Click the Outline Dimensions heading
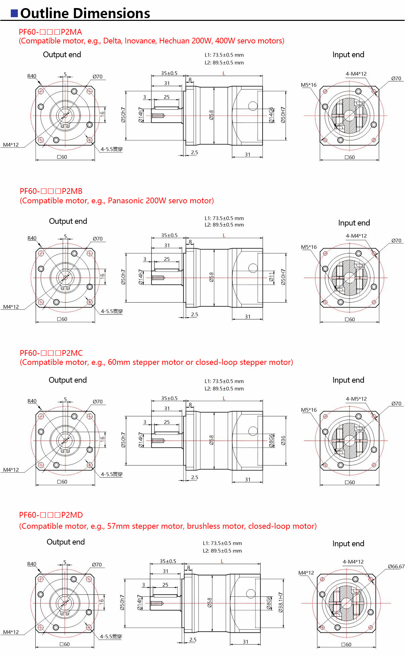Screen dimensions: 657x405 [85, 13]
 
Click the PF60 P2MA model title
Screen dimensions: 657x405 [50, 32]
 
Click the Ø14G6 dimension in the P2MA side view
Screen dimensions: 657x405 [271, 115]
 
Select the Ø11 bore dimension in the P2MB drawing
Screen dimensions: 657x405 [271, 277]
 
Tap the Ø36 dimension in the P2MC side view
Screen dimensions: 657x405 [283, 440]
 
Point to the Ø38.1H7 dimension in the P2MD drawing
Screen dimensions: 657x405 [280, 602]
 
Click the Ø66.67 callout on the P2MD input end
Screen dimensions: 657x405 [396, 566]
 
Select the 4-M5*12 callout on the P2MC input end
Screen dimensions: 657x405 [356, 399]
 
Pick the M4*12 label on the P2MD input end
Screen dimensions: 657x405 [306, 573]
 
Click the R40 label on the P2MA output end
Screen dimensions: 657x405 [32, 76]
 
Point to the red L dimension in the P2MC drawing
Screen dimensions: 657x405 [224, 399]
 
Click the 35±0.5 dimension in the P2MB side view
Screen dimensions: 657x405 [169, 235]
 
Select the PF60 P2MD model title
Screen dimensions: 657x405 [51, 515]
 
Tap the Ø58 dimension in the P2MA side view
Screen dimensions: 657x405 [211, 115]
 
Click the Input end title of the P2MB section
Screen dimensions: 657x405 [354, 223]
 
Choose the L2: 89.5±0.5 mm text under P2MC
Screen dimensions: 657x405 [224, 389]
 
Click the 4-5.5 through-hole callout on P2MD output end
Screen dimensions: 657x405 [111, 637]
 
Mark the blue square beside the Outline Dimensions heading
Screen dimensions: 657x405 [14, 13]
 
